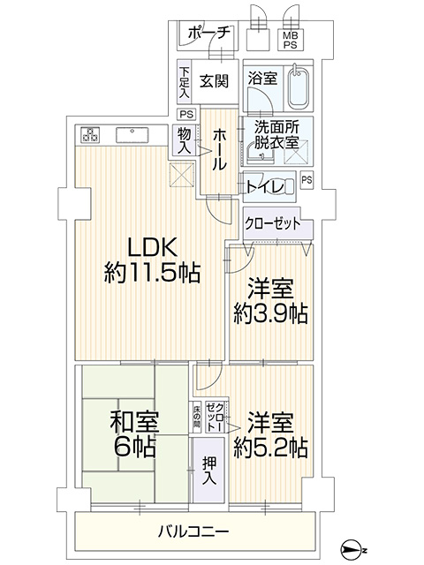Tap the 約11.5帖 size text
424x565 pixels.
152,273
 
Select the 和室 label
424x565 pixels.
134,422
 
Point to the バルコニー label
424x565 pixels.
193,531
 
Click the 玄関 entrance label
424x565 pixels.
214,81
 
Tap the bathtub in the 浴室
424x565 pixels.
299,87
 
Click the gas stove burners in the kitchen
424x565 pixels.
90,135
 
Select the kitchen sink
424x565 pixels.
132,135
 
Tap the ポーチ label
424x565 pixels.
208,34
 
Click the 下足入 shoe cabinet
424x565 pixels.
185,82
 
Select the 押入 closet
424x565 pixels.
208,470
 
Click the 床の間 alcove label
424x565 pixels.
196,418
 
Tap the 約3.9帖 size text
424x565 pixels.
270,313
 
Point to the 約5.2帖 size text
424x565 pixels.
270,448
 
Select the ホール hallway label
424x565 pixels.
219,150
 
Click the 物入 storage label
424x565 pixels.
185,140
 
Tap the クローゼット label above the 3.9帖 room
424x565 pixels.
272,223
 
